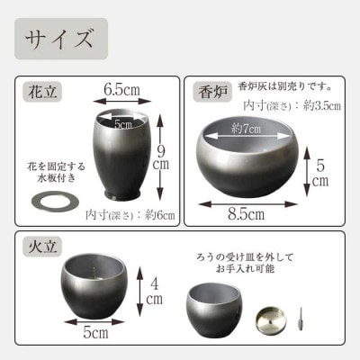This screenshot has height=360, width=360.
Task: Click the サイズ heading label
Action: pos(58,39)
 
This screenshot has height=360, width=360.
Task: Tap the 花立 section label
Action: pos(42,92)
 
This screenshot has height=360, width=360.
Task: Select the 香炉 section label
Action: pos(212,92)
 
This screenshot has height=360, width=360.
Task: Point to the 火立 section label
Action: pos(42,247)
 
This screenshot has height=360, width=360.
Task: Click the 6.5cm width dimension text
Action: pos(121,89)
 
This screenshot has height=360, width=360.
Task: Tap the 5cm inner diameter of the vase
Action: pos(123,123)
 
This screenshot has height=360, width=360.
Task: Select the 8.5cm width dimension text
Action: pos(246,214)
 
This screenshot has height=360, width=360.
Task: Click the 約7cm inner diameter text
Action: pos(246,129)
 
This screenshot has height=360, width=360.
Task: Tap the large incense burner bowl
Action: pos(247,157)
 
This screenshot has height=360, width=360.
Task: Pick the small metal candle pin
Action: pos(300,319)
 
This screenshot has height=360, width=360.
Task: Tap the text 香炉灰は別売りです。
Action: pos(285,87)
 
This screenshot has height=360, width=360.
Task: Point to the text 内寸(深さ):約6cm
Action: pos(130,215)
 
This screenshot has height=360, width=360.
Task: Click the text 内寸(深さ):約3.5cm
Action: pos(292,106)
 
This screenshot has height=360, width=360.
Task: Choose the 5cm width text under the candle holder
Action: pos(95,332)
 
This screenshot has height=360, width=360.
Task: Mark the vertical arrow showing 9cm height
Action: pos(160,157)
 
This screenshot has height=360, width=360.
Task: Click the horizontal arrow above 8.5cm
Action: pos(247,204)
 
